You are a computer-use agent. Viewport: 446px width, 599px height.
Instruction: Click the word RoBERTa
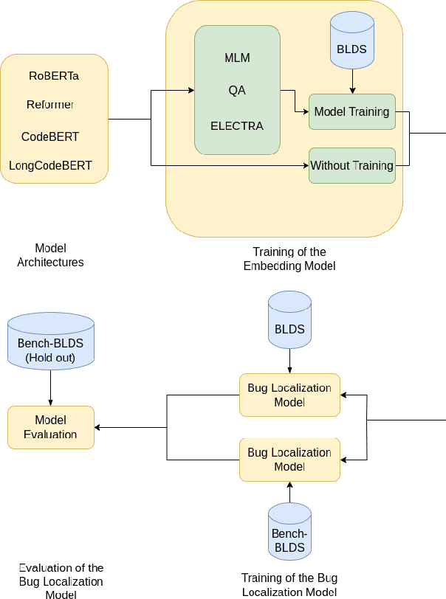click(x=54, y=75)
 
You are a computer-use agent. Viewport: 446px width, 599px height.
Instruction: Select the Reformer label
click(x=50, y=105)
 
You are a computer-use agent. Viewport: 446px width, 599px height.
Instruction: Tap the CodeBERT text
click(x=50, y=136)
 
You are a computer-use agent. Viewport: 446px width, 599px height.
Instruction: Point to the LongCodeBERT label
click(x=50, y=165)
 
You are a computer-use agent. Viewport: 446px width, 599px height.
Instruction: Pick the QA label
click(x=236, y=90)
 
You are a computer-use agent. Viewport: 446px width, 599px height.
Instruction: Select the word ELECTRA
click(x=236, y=125)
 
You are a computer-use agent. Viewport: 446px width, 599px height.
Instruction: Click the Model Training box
click(x=351, y=112)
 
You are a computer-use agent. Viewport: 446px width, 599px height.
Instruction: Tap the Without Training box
click(x=351, y=165)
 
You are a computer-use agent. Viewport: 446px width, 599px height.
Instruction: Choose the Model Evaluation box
click(x=50, y=427)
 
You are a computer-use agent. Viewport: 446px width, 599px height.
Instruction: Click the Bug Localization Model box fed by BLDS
click(x=289, y=395)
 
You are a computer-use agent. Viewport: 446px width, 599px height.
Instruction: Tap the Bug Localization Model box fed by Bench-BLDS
click(x=289, y=460)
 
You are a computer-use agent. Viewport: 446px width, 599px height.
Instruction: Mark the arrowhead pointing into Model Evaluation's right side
click(x=98, y=427)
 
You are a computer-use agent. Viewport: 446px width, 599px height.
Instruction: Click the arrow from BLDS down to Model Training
click(x=352, y=81)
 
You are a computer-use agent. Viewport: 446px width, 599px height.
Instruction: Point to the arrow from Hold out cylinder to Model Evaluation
click(x=50, y=387)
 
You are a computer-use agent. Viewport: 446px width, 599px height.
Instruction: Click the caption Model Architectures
click(x=50, y=255)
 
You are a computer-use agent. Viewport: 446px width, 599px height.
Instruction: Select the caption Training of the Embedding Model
click(x=289, y=259)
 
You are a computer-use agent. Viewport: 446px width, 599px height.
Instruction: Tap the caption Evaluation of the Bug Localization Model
click(x=61, y=581)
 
